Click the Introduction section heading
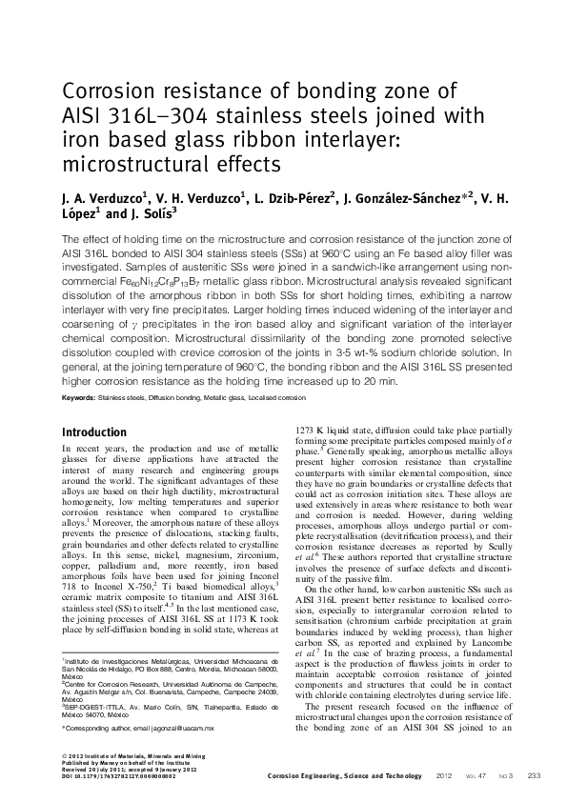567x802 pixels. [93, 431]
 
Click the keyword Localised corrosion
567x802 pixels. [306, 395]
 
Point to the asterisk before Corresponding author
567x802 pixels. [64, 729]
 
